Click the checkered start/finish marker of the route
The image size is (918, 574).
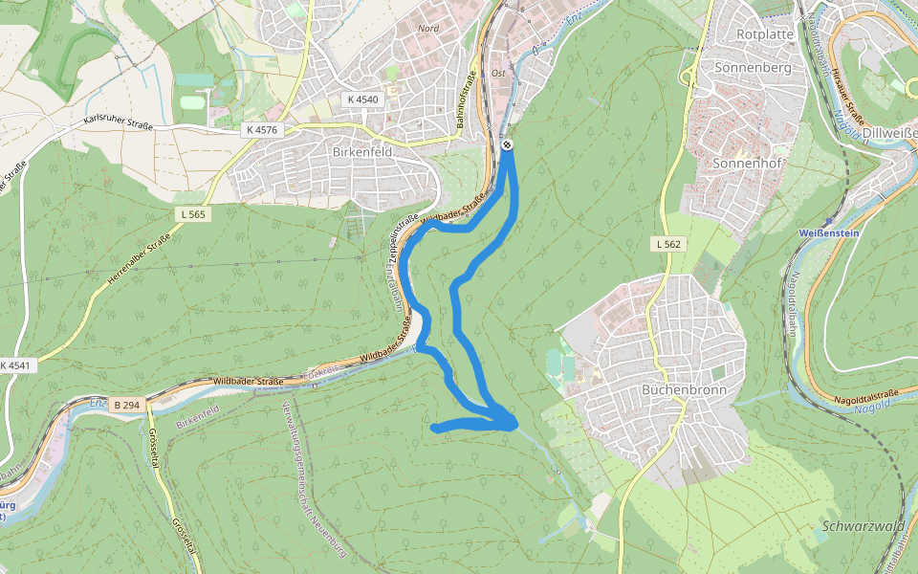pyautogui.click(x=507, y=144)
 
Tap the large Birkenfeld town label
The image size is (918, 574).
pyautogui.click(x=362, y=152)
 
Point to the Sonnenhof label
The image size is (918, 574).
pyautogui.click(x=748, y=164)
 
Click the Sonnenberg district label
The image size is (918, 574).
pyautogui.click(x=753, y=68)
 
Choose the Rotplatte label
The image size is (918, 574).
pyautogui.click(x=765, y=33)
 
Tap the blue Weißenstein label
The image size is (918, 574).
pyautogui.click(x=830, y=233)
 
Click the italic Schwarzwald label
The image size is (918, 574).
pyautogui.click(x=863, y=526)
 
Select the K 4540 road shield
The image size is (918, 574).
pyautogui.click(x=362, y=99)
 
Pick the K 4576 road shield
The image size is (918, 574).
pyautogui.click(x=261, y=129)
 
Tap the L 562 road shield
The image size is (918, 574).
pyautogui.click(x=668, y=245)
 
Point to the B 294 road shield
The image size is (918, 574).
pyautogui.click(x=125, y=405)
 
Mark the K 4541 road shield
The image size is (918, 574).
pyautogui.click(x=15, y=365)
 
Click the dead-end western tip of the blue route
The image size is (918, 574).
pyautogui.click(x=435, y=428)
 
